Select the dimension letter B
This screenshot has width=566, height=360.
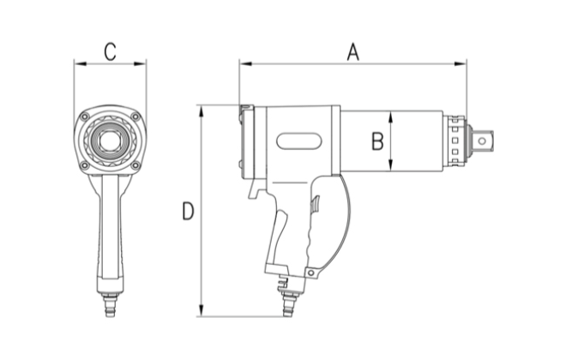[376, 141]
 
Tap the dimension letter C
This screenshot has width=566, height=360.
[110, 50]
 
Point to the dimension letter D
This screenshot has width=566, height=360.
[188, 211]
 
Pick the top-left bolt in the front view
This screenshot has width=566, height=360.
[84, 117]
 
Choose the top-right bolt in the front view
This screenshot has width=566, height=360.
[135, 117]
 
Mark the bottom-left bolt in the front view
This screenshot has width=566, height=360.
[84, 165]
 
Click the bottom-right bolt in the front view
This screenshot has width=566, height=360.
[135, 165]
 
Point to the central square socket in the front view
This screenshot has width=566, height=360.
[110, 141]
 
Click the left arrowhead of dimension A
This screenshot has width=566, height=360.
[244, 63]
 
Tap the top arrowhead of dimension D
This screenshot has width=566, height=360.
[201, 110]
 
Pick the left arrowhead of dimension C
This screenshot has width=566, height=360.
[78, 63]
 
